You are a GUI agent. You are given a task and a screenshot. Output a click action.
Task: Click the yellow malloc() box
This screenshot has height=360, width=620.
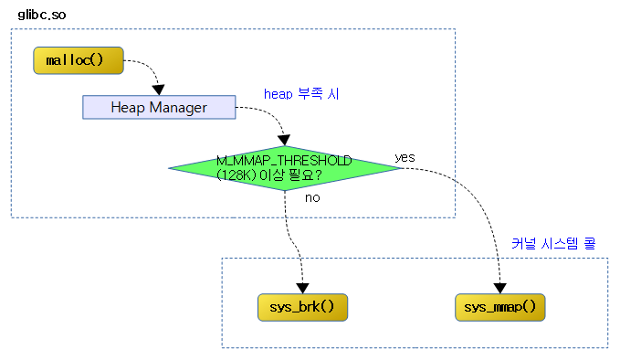[x=77, y=61]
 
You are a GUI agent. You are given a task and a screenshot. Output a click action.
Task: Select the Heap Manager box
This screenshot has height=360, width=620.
[x=159, y=107]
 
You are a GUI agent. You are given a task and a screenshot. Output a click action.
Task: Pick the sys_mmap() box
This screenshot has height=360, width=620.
[x=500, y=307]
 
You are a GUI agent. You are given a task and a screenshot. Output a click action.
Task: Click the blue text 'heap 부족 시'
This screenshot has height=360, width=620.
[x=300, y=93]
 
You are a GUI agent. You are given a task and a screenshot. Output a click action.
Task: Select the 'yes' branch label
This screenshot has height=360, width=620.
[x=405, y=157]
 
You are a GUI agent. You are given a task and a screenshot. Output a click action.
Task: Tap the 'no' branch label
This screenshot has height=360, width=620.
[x=312, y=196]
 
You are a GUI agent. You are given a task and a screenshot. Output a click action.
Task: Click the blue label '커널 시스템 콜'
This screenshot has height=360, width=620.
[x=552, y=243]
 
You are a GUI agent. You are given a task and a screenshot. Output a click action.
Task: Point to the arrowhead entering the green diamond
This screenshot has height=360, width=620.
[x=285, y=139]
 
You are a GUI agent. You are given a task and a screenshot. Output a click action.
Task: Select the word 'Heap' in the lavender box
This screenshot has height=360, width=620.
[x=128, y=107]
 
